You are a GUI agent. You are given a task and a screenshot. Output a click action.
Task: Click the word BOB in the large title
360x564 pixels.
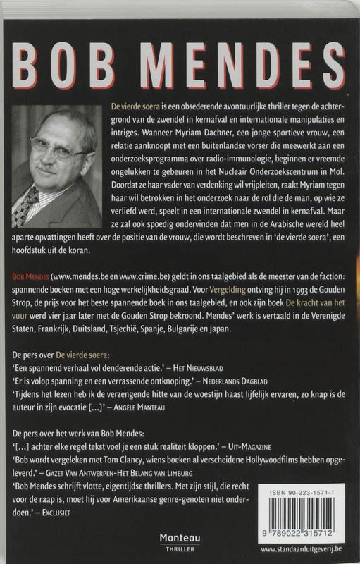coord(62,69)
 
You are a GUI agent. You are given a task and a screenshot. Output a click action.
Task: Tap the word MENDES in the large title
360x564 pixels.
coord(223,69)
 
